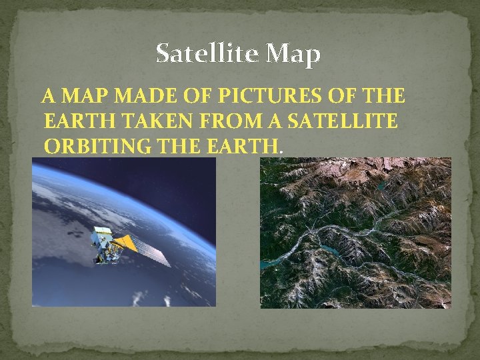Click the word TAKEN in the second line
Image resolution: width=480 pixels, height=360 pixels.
tap(140, 121)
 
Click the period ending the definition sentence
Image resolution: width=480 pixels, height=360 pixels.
tap(281, 150)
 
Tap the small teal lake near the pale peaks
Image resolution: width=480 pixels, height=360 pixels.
tap(380, 187)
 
